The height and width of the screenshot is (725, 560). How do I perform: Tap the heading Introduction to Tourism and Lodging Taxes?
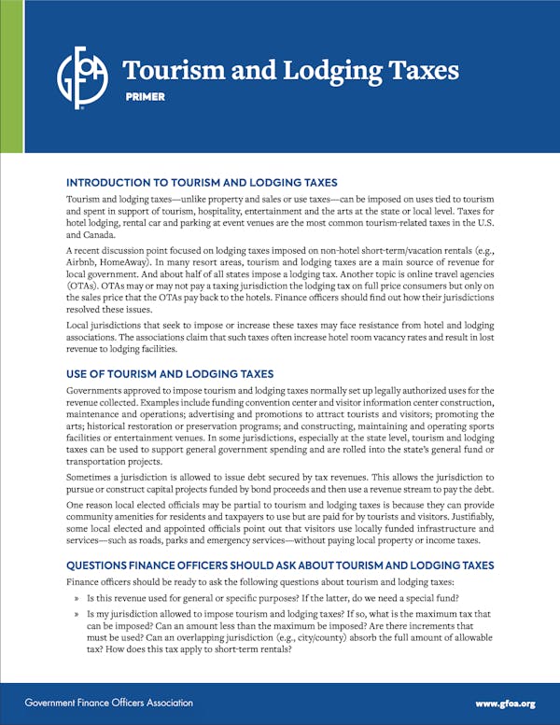click(x=202, y=182)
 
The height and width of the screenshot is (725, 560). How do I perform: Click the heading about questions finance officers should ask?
click(x=280, y=565)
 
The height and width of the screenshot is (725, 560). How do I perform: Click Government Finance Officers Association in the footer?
click(x=109, y=703)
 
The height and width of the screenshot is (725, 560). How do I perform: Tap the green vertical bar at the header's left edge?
click(x=11, y=76)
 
